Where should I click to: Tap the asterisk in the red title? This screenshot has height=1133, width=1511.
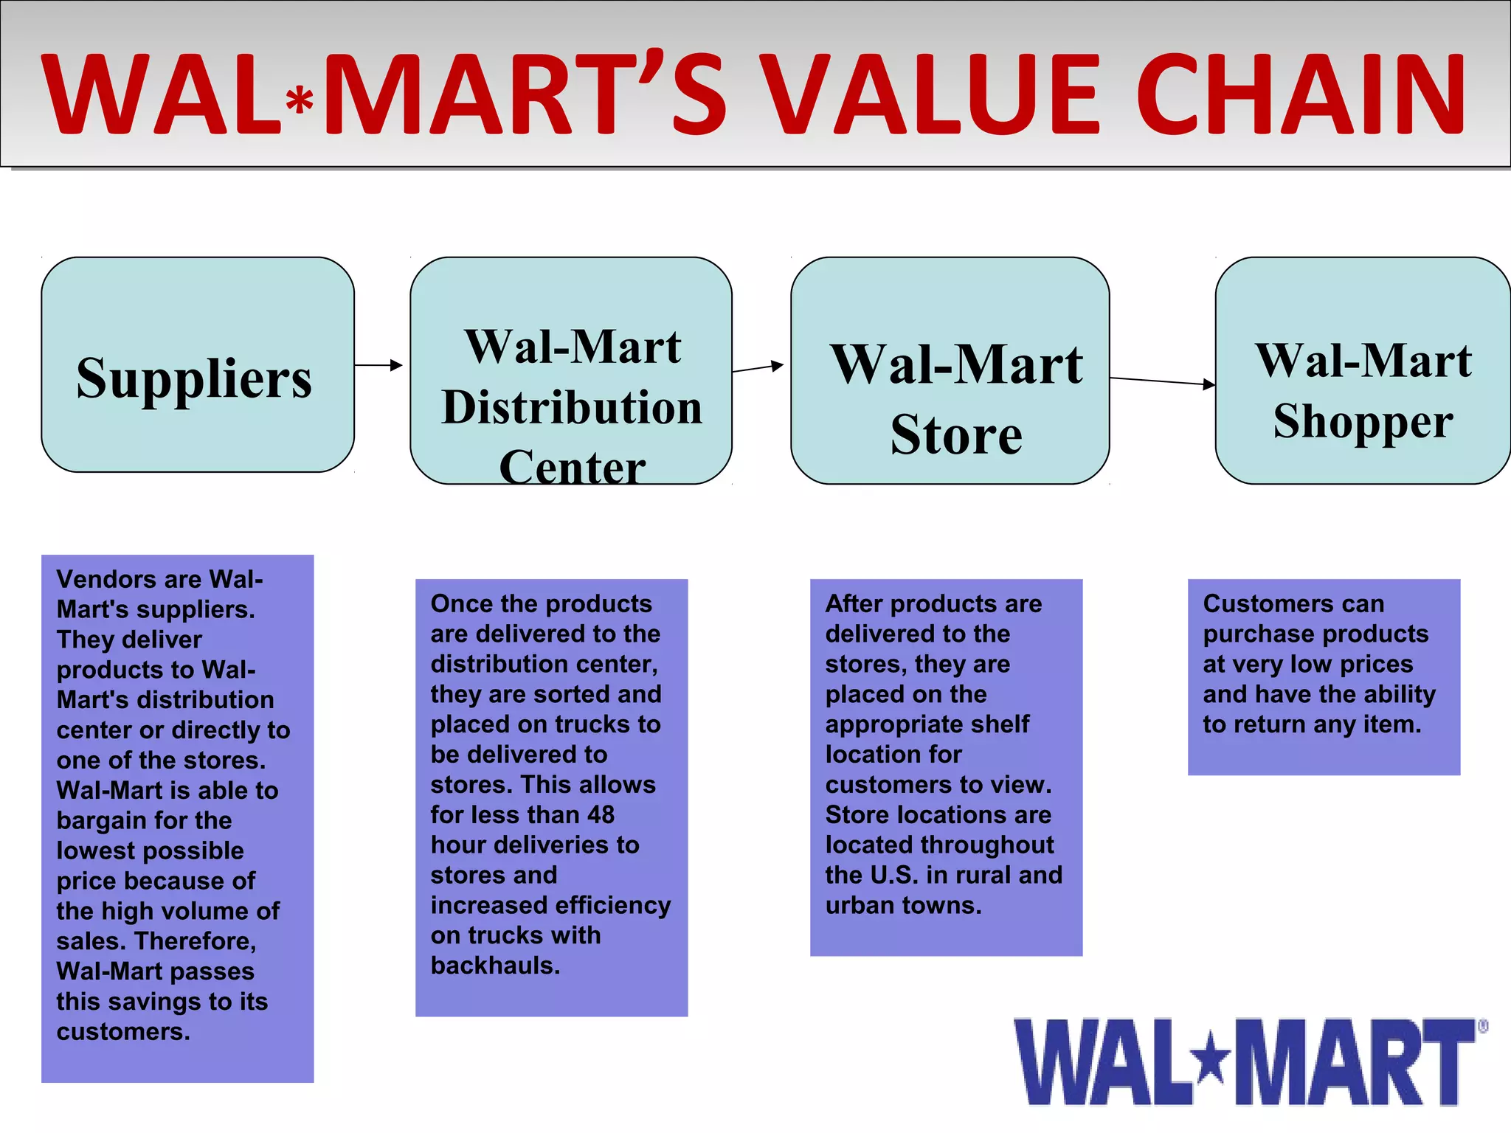point(300,102)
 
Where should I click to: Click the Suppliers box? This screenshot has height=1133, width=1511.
point(197,364)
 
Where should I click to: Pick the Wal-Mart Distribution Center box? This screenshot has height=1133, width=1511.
point(570,370)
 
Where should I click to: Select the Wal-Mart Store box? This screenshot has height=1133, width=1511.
point(950,370)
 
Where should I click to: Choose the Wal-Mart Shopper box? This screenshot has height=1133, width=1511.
point(1362,370)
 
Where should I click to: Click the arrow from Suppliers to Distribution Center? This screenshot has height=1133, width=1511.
point(378,365)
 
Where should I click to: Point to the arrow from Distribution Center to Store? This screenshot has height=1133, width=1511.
point(758,367)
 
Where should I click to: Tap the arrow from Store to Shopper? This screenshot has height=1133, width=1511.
point(1162,381)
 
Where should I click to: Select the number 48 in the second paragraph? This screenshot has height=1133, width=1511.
point(601,814)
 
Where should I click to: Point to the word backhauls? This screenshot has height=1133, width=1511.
point(495,966)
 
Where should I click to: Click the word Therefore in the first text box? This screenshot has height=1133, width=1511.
point(196,941)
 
